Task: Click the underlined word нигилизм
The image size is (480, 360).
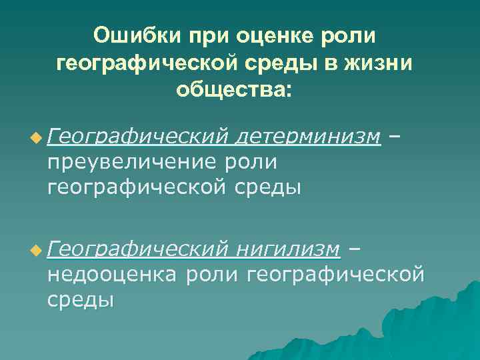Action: (289, 249)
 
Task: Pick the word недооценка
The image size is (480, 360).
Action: (111, 274)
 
